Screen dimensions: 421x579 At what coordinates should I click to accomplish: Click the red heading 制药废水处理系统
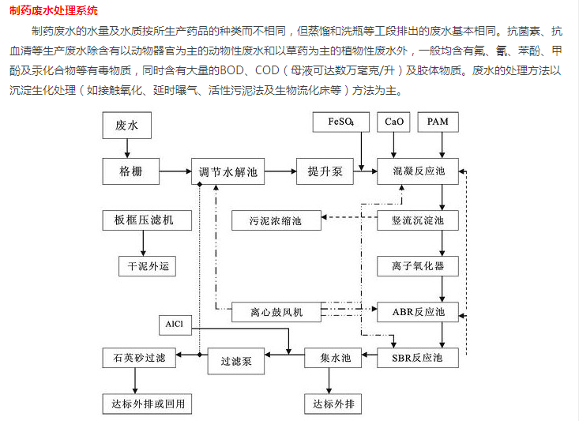tap(55, 11)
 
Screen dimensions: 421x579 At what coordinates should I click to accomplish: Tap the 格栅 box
tap(130, 171)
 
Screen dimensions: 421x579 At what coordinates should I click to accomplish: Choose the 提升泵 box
tap(325, 171)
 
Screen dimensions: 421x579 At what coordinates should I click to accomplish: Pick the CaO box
tap(394, 123)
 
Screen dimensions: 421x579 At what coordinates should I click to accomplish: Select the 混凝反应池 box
tap(419, 171)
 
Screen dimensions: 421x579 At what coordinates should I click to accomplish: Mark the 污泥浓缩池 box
tap(276, 220)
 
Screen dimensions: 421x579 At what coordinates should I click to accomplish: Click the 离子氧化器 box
tap(419, 265)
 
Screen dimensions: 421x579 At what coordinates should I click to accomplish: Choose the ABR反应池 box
tap(419, 312)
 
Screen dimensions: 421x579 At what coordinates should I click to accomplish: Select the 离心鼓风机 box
tap(276, 313)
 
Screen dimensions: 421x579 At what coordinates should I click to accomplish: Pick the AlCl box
tap(173, 325)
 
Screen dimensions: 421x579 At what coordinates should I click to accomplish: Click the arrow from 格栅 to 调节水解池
tap(175, 171)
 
